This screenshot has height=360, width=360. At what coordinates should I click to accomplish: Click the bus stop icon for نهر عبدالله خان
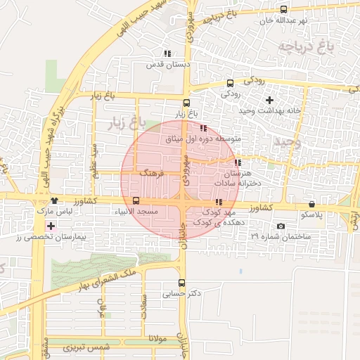click(x=283, y=10)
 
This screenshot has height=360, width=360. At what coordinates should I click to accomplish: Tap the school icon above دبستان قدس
click(x=167, y=53)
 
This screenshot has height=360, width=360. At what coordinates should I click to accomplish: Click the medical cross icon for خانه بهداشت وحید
click(x=269, y=100)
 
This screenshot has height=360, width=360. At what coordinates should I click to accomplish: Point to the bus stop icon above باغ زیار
click(x=186, y=103)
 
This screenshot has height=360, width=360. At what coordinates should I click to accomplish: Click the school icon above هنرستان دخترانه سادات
click(x=237, y=162)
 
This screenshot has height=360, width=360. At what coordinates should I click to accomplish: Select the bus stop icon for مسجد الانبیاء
click(x=136, y=200)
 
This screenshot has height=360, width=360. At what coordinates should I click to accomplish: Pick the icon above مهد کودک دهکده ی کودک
click(x=218, y=202)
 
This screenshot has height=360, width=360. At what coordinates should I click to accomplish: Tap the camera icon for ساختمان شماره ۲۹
click(x=281, y=226)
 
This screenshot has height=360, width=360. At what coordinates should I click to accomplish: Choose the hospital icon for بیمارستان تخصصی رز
click(x=51, y=226)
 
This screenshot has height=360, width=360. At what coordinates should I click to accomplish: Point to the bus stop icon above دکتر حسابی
click(x=181, y=283)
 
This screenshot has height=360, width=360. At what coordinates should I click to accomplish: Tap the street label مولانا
click(x=157, y=339)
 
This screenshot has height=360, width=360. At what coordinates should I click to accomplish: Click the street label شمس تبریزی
click(x=88, y=348)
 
